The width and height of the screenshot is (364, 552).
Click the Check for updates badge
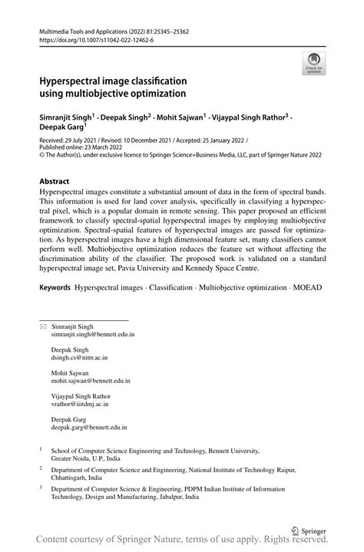[313, 62]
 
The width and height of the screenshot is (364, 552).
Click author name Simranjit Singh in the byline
[65, 117]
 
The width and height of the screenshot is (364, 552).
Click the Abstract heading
[59, 182]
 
